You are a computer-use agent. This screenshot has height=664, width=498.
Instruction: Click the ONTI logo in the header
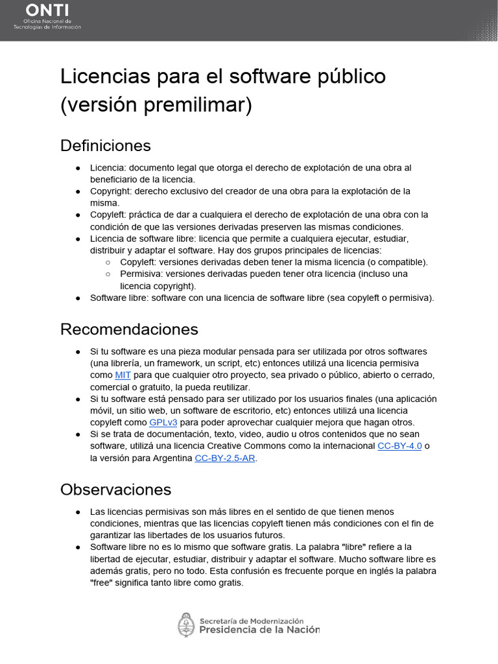[47, 18]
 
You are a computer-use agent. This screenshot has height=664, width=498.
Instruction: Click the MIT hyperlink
[123, 375]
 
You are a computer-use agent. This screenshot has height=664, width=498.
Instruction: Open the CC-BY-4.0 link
[399, 446]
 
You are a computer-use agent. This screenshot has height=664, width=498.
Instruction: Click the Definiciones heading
[106, 145]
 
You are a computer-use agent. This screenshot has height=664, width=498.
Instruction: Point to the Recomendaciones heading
[129, 329]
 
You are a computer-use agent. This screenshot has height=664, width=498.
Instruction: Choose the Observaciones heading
[115, 489]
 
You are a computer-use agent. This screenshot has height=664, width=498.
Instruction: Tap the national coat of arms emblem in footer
[186, 624]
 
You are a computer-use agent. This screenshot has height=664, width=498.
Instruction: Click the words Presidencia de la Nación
[259, 629]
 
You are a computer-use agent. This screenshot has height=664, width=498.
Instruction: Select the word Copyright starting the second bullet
[112, 191]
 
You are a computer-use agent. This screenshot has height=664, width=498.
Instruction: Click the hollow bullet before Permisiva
[108, 274]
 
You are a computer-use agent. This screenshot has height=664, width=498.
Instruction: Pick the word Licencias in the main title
[104, 77]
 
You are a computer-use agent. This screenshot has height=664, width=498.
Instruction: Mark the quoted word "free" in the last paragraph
[102, 582]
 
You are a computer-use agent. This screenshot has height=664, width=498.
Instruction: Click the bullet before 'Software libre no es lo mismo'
[77, 547]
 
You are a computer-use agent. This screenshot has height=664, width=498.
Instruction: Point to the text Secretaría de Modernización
[252, 620]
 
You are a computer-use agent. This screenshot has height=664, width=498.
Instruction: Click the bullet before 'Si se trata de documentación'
[77, 434]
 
